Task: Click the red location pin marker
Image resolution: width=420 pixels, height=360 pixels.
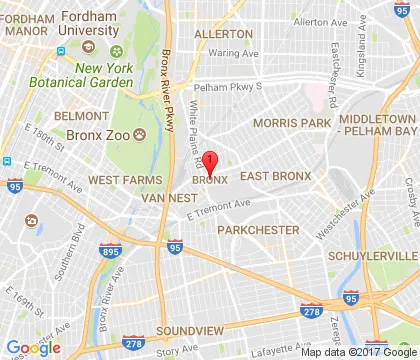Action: [211, 160]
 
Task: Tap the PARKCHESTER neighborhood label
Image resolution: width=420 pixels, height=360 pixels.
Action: [259, 230]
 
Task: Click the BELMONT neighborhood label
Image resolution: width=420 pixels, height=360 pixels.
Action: [74, 116]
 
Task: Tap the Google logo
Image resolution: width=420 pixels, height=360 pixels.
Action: [32, 347]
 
